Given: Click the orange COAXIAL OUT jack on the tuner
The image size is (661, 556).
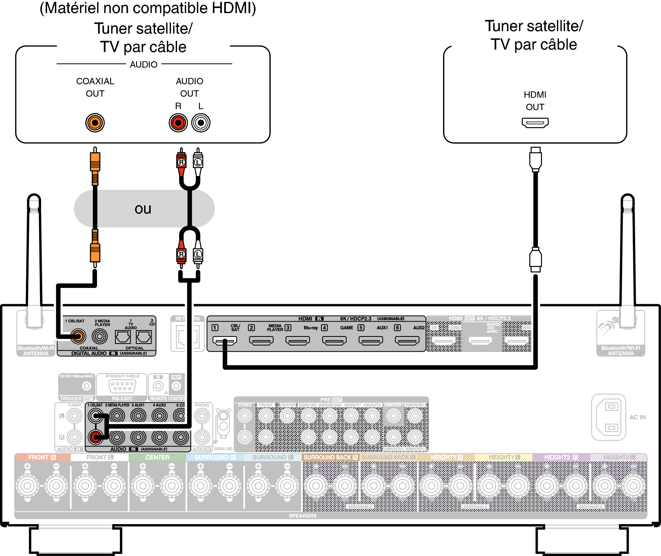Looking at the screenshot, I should click(x=95, y=123).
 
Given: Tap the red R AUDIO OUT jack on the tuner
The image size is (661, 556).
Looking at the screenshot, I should click(x=178, y=123).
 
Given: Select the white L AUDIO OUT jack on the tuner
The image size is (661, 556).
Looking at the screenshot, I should click(x=201, y=123).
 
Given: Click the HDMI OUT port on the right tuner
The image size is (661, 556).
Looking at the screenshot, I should click(x=535, y=123).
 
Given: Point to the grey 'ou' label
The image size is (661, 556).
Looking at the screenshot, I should click(x=143, y=209).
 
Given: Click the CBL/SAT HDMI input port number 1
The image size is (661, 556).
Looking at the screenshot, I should click(x=224, y=340).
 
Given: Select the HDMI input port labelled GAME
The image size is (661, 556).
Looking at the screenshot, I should click(x=334, y=340).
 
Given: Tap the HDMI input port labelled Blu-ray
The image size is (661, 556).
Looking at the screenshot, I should click(x=298, y=340).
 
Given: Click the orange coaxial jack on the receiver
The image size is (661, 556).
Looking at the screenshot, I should click(x=78, y=336).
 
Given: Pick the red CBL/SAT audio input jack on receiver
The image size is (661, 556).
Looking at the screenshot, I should click(x=95, y=437).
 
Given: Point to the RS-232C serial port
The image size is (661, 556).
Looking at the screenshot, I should click(x=122, y=386).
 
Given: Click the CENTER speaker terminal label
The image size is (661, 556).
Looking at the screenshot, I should click(x=157, y=457).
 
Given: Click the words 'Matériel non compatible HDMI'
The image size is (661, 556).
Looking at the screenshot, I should click(x=148, y=8).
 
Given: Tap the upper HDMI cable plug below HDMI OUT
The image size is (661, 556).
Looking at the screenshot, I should click(x=535, y=159).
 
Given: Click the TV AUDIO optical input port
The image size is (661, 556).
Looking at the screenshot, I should click(x=123, y=337).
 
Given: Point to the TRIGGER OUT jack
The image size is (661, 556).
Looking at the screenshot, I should click(x=86, y=386).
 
